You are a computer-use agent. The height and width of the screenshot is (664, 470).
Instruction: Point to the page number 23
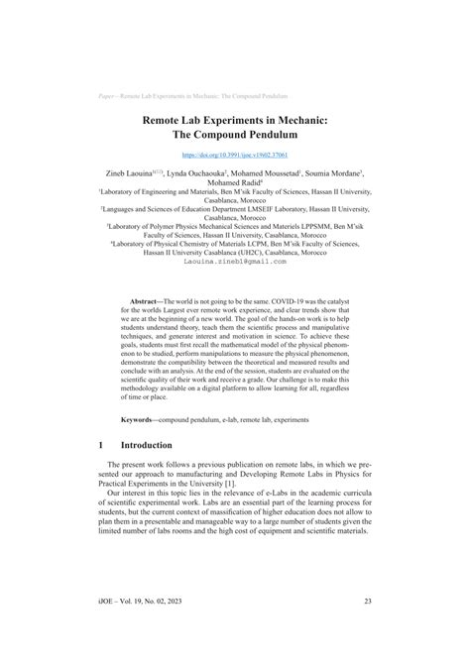366,627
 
